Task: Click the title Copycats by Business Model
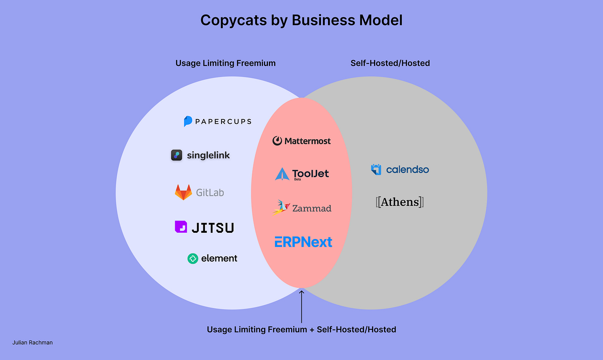point(301,20)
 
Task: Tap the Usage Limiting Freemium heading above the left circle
point(225,63)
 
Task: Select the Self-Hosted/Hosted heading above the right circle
point(390,63)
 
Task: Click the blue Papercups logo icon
point(188,121)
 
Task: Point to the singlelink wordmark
point(208,155)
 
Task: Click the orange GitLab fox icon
point(183,192)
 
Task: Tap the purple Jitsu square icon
point(181,227)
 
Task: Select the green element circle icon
point(193,259)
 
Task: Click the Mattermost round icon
point(277,141)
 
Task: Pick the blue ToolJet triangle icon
point(282,174)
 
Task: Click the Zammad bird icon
point(281,207)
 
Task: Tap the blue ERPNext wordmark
point(303,242)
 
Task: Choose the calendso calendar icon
point(376,169)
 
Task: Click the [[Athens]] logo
point(400,202)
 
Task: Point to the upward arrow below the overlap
point(301,307)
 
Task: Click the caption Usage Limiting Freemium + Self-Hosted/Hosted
point(301,330)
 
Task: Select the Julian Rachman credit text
point(32,343)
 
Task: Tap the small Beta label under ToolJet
point(297,179)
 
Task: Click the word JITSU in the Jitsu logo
point(213,228)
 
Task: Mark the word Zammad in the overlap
point(312,208)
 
